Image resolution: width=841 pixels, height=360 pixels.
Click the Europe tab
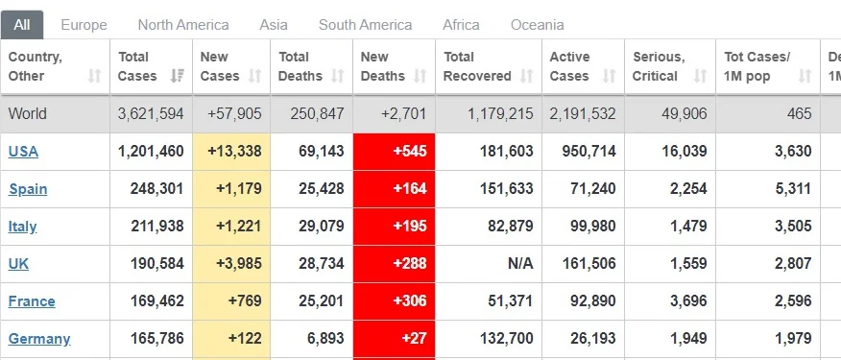tap(84, 25)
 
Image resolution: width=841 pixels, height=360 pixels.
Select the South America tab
tap(365, 25)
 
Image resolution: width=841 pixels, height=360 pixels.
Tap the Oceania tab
tap(537, 25)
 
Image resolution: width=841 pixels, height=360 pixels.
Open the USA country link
tap(23, 152)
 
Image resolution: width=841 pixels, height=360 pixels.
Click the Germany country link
tap(39, 339)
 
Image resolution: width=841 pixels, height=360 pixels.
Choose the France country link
tap(32, 301)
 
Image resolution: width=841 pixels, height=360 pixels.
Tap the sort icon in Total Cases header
tap(177, 76)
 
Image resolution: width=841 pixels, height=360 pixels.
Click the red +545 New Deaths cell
tap(395, 152)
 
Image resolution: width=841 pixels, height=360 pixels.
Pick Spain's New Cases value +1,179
tap(239, 189)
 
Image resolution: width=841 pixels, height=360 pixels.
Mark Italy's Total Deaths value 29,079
tap(322, 226)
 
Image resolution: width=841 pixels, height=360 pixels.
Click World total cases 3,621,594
tap(151, 113)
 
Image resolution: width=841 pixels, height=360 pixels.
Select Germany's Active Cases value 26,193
tap(592, 339)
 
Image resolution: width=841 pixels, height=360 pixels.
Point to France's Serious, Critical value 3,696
tap(688, 301)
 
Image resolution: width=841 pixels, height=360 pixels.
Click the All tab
tap(22, 25)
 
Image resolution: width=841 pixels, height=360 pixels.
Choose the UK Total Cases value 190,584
tap(157, 263)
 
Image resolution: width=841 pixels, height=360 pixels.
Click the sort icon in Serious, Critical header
tap(700, 76)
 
